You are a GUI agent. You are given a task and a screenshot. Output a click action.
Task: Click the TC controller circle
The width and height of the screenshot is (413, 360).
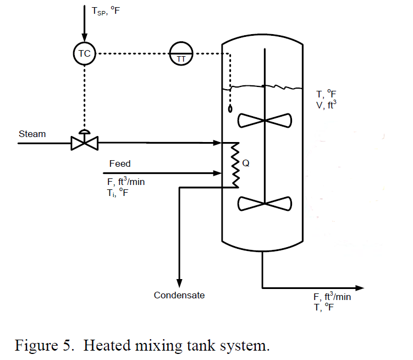tap(84, 53)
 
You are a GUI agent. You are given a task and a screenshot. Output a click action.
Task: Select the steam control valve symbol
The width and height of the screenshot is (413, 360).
tap(84, 143)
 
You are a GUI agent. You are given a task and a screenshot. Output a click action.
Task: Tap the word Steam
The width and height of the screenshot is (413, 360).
tap(32, 134)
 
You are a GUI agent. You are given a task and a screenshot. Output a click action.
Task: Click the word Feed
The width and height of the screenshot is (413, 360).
tap(120, 163)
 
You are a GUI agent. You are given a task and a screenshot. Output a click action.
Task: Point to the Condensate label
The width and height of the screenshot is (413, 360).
tap(179, 295)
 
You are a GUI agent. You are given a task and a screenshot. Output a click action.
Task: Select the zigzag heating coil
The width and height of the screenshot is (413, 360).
tap(234, 163)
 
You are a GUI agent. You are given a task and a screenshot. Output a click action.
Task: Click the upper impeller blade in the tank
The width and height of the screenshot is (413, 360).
tap(265, 119)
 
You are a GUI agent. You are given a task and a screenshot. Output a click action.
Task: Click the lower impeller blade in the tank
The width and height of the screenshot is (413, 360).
tap(265, 203)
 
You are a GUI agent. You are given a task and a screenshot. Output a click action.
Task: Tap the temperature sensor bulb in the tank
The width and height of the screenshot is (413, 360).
tap(230, 108)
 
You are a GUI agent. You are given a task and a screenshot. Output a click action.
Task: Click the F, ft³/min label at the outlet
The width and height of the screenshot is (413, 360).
tap(332, 297)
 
